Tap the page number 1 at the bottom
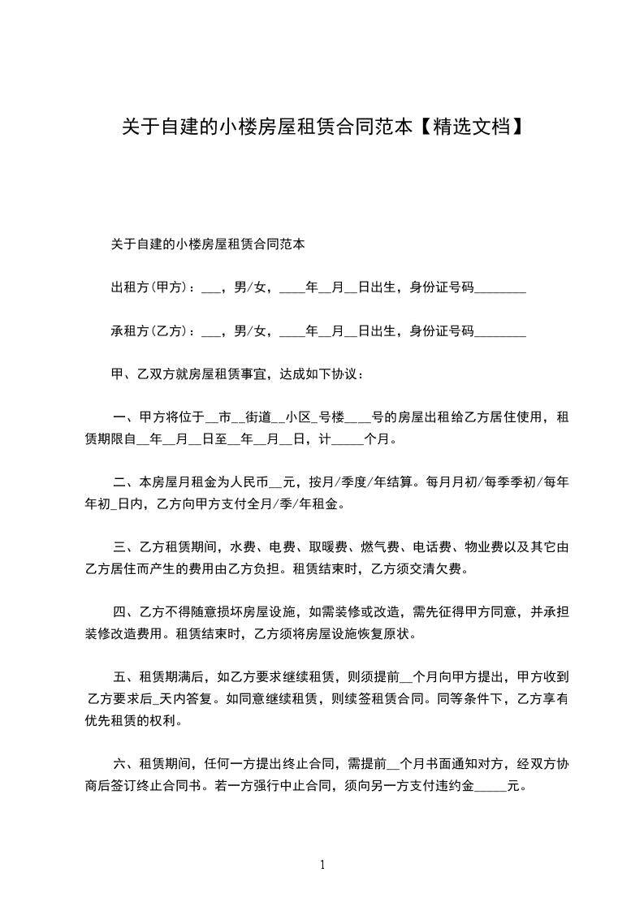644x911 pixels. [322, 865]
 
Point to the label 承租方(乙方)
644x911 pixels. [149, 330]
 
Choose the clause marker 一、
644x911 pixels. [122, 418]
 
